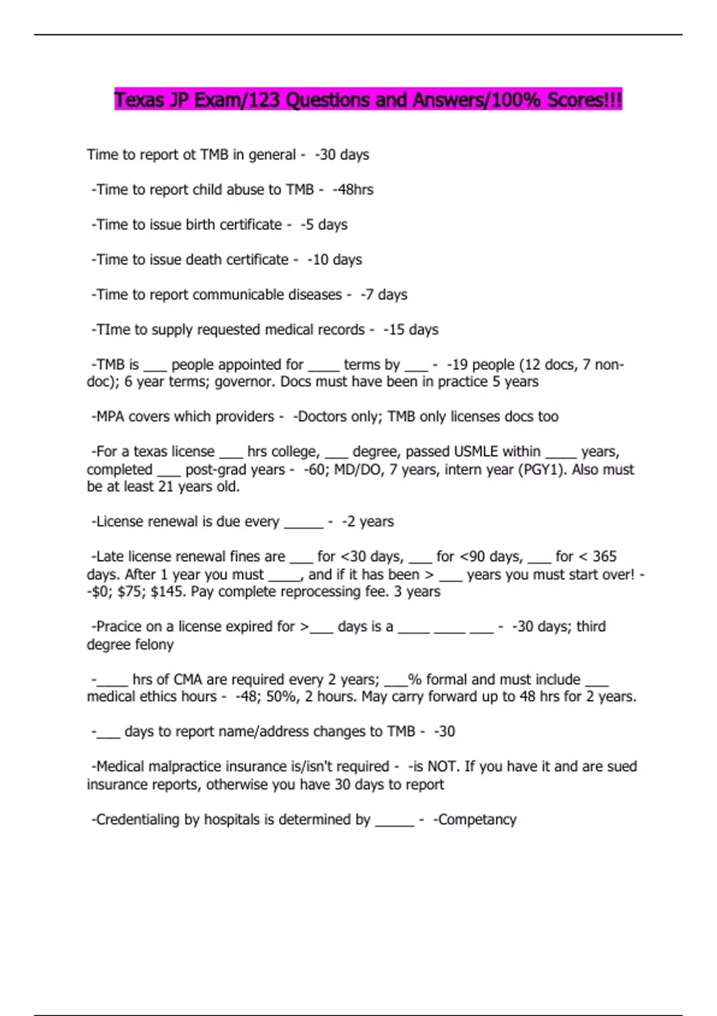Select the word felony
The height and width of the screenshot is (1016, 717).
point(155,645)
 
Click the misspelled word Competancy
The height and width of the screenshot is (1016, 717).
point(477,819)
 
